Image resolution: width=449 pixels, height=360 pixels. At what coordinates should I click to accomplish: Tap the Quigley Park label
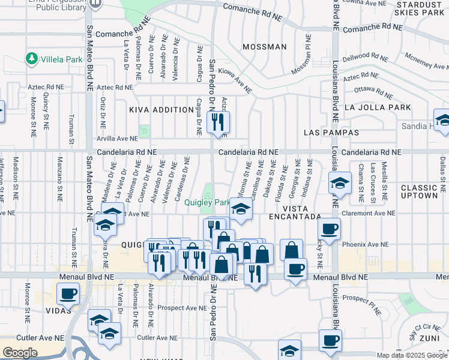click(207, 202)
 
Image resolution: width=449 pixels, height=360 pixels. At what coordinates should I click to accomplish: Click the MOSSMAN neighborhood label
click(264, 47)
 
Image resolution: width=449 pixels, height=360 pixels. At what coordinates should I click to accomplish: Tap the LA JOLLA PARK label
click(378, 107)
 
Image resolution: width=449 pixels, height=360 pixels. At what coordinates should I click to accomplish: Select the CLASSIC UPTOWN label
click(420, 192)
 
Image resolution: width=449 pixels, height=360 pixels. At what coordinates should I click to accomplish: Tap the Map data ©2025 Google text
click(412, 355)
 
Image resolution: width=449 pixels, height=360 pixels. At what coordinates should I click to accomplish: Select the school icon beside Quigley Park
click(241, 209)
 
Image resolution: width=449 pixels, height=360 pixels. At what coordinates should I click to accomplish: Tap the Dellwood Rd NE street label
click(364, 58)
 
